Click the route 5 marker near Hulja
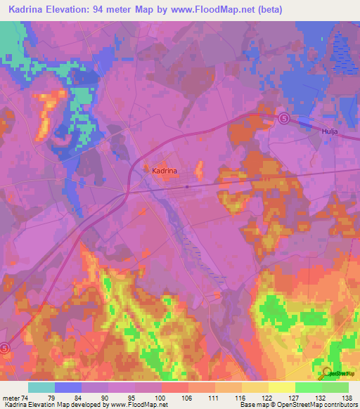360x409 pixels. tap(283, 119)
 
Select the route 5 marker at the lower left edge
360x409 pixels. tap(4, 347)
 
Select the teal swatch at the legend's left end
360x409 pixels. tap(41, 387)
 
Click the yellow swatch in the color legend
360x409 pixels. tap(281, 387)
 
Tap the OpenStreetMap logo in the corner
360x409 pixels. tap(336, 372)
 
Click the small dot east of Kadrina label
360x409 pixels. tap(187, 187)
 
